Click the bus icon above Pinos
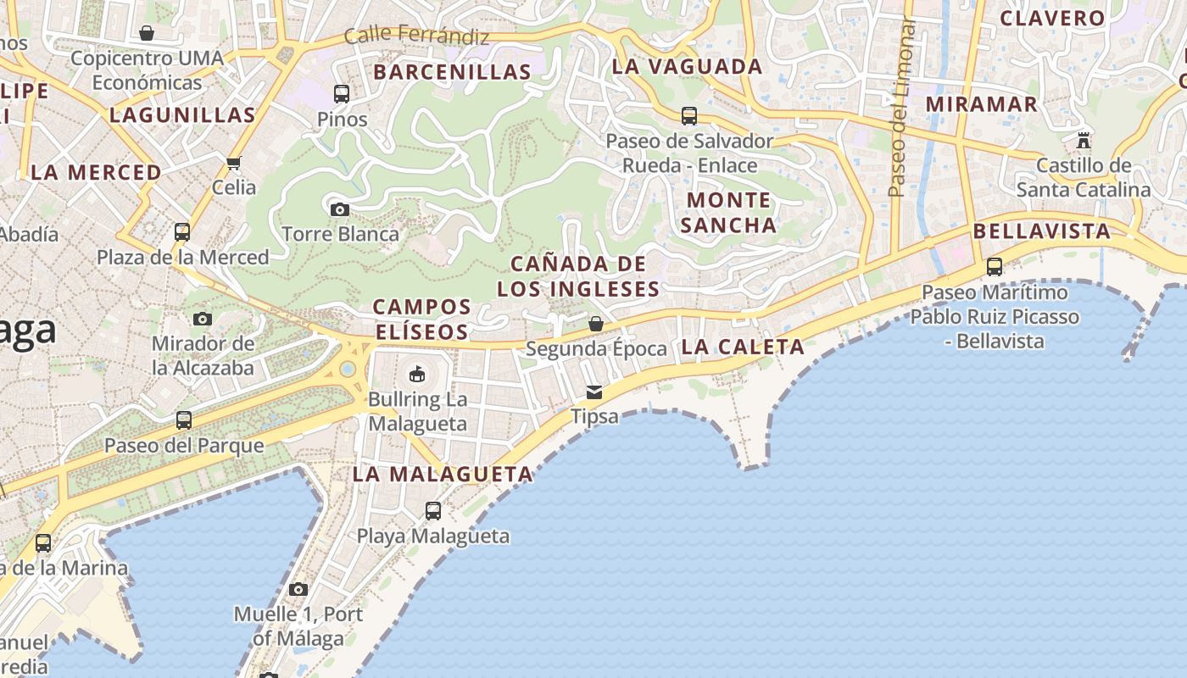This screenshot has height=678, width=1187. [x=342, y=94]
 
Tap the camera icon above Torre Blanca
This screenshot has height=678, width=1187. [x=340, y=209]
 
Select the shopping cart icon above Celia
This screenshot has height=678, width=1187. [x=234, y=163]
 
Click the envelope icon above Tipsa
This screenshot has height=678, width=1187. [x=594, y=392]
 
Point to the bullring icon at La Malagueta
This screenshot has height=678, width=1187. [x=417, y=374]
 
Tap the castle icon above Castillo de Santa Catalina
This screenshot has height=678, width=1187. [x=1083, y=140]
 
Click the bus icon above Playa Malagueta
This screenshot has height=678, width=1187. [x=433, y=511]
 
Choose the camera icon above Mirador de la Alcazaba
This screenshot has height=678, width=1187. [x=202, y=319]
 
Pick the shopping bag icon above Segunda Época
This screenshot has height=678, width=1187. [x=596, y=324]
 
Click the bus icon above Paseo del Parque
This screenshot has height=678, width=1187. [x=183, y=420]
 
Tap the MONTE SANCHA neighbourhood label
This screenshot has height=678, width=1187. [x=728, y=213]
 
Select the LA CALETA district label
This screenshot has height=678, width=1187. [x=743, y=347]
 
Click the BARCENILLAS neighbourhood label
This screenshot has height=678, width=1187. [x=452, y=72]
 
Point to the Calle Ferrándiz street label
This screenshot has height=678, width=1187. [x=417, y=36]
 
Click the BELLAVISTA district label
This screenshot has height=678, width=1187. [x=1041, y=231]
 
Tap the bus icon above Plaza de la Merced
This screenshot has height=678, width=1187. [x=182, y=231]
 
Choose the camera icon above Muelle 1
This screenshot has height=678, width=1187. [x=298, y=589]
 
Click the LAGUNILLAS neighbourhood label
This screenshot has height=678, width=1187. [x=182, y=115]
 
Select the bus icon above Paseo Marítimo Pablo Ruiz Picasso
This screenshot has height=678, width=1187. [x=995, y=267]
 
